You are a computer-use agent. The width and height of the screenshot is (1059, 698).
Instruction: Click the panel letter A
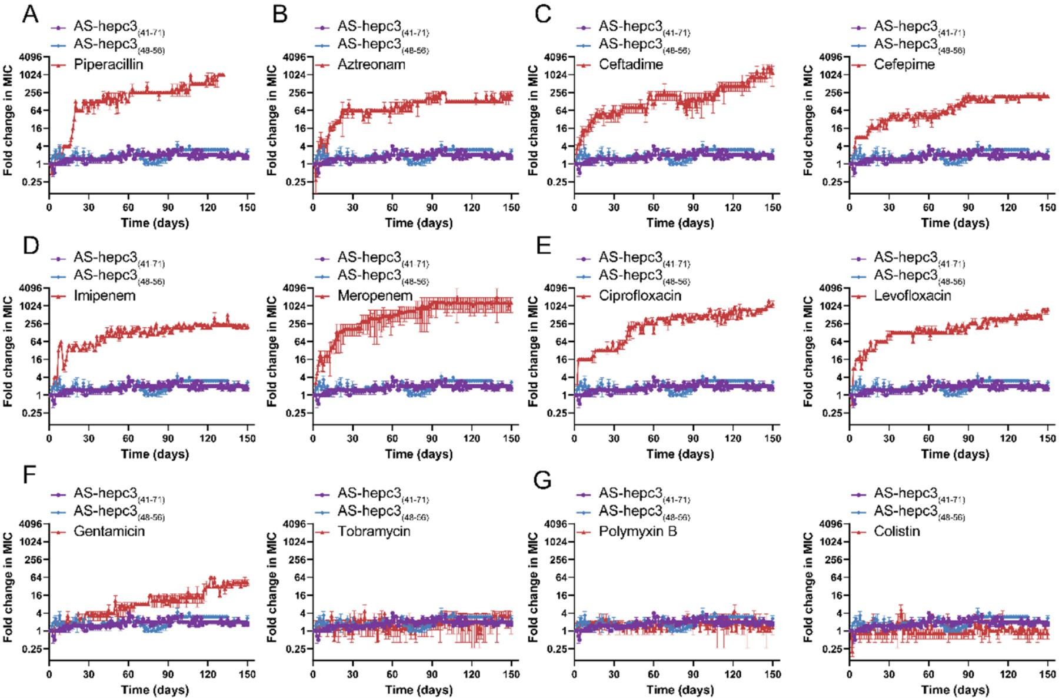coord(31,14)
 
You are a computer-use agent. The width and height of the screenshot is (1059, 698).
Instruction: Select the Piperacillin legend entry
coord(108,64)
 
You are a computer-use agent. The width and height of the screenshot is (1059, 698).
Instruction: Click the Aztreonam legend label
coord(371,64)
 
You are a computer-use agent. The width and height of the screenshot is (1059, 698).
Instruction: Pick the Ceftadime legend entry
coord(631,64)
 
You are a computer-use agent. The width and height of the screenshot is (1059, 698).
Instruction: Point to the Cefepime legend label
coord(904,64)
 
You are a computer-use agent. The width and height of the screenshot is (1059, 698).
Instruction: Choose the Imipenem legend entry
coord(105,295)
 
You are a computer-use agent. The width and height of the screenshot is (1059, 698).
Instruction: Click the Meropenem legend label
coord(375,295)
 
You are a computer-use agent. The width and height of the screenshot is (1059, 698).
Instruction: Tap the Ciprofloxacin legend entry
coord(640,295)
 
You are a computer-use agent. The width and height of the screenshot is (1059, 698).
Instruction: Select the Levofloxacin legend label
coord(913,295)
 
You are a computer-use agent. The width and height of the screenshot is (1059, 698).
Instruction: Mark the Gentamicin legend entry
coord(109,531)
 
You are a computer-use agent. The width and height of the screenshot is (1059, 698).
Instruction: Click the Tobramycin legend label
coord(374,531)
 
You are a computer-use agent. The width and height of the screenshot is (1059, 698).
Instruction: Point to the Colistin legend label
coord(897,531)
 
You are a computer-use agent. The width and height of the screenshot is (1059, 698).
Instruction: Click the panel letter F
coord(29,480)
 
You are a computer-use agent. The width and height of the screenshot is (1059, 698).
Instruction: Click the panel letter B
coord(280,14)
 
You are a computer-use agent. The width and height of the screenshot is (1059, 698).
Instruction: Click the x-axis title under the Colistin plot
coord(955,689)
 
